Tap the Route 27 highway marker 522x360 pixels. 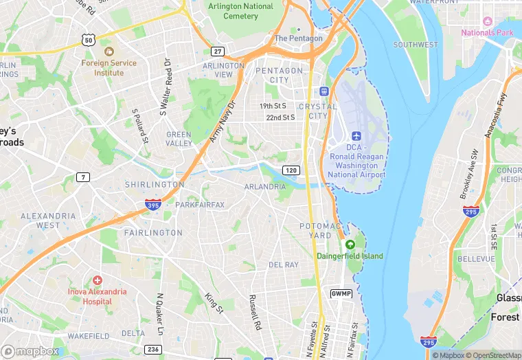(x=218, y=52)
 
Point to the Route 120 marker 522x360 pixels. (x=291, y=170)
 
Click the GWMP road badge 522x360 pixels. (x=341, y=293)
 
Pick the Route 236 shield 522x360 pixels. (x=152, y=350)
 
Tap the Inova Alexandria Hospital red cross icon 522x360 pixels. (x=98, y=280)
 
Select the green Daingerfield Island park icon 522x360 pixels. (x=350, y=245)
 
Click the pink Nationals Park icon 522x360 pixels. (x=488, y=21)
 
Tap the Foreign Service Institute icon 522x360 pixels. (x=108, y=52)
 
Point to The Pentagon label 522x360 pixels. (x=298, y=38)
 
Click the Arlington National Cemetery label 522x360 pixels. (x=240, y=11)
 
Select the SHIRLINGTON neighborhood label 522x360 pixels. (x=155, y=184)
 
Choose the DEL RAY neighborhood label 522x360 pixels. (x=284, y=265)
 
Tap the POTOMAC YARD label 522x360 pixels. (x=320, y=231)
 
